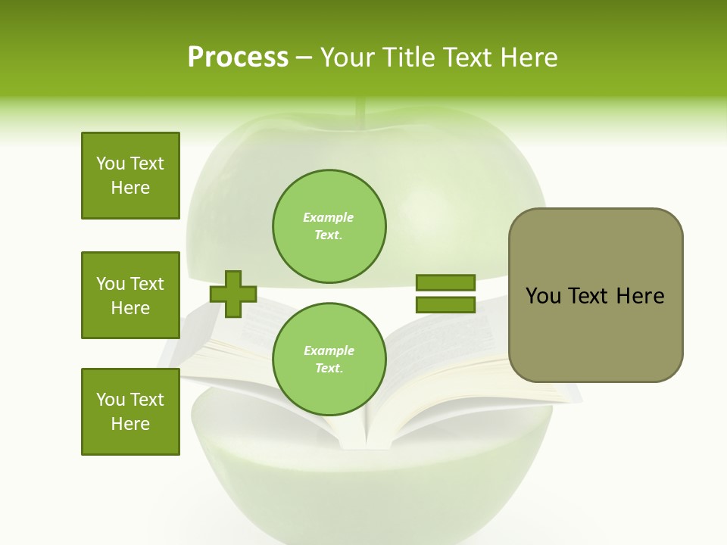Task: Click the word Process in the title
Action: pyautogui.click(x=238, y=57)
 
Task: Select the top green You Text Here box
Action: pyautogui.click(x=130, y=176)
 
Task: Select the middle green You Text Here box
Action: pyautogui.click(x=130, y=295)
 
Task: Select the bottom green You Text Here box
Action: pyautogui.click(x=130, y=412)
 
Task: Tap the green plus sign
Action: pyautogui.click(x=233, y=294)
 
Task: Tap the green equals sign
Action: pyautogui.click(x=445, y=294)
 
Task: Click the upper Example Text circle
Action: pyautogui.click(x=329, y=226)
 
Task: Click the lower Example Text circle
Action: pyautogui.click(x=329, y=359)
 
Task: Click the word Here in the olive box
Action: pyautogui.click(x=640, y=296)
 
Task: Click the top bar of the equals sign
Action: pyautogui.click(x=445, y=282)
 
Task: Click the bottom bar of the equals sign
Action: pyautogui.click(x=445, y=305)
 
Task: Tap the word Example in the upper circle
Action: pyautogui.click(x=329, y=217)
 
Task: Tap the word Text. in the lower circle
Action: pyautogui.click(x=329, y=369)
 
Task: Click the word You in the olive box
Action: pyautogui.click(x=543, y=296)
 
